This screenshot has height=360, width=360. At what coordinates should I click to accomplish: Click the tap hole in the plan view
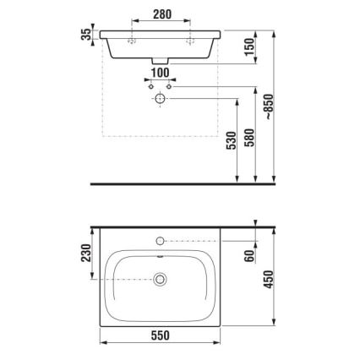(159, 242)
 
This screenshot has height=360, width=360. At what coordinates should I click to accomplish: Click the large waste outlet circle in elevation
(159, 99)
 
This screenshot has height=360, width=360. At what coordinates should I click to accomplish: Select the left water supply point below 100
(149, 87)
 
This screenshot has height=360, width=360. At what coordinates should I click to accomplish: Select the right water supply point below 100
(169, 87)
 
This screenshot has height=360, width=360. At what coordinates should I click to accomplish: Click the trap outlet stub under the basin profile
(159, 62)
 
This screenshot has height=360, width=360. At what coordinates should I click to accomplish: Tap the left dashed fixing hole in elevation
(133, 40)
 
